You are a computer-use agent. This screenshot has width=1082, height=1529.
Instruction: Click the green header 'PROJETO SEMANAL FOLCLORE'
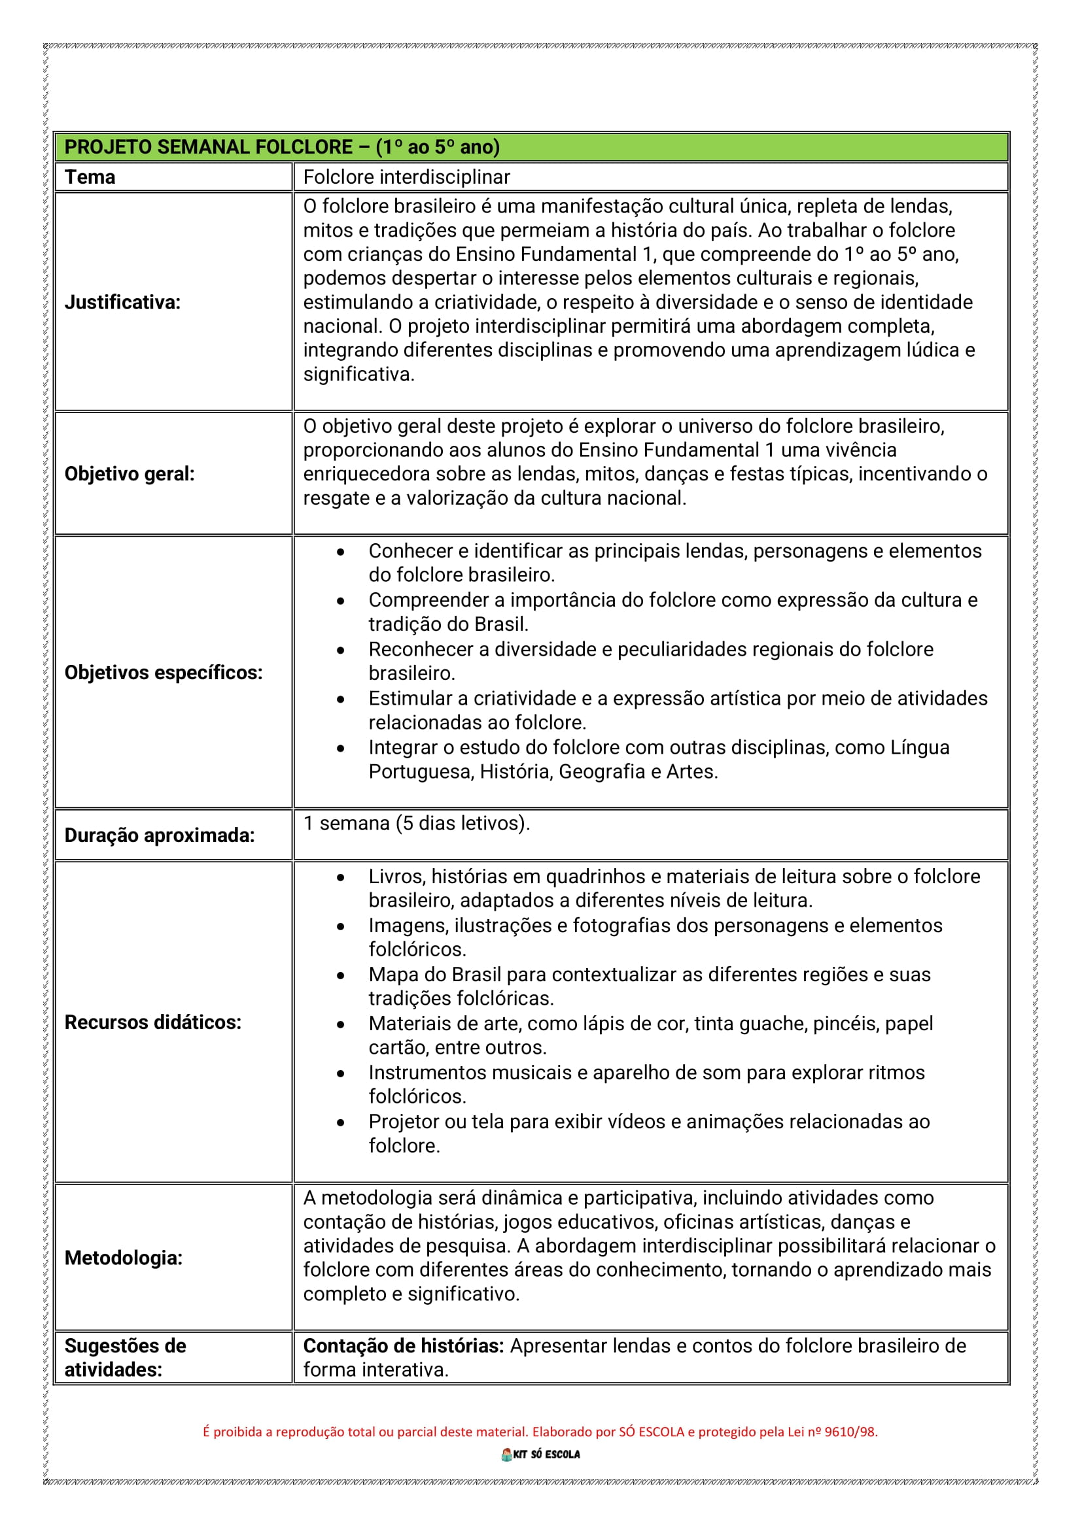click(281, 147)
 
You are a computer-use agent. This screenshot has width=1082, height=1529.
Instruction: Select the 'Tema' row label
click(90, 177)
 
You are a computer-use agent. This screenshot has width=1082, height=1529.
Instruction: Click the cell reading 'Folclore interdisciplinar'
click(406, 177)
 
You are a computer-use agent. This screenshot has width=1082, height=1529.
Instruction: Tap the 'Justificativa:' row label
click(122, 303)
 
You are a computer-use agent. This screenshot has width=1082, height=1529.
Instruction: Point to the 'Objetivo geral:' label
click(130, 473)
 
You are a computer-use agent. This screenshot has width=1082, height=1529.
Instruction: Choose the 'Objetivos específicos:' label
click(164, 673)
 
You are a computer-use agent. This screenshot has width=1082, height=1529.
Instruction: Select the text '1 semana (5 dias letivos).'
click(417, 823)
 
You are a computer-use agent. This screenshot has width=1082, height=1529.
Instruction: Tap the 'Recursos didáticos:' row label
click(152, 1022)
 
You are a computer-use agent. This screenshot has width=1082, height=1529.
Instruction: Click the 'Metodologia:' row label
click(123, 1258)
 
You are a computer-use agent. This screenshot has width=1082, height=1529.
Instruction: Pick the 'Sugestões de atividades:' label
click(125, 1358)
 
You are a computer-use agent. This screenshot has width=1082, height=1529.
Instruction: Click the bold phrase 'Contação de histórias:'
click(403, 1346)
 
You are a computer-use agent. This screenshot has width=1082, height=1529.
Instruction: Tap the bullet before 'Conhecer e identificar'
click(341, 552)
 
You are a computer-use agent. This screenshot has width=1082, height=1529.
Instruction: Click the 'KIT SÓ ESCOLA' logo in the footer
click(540, 1454)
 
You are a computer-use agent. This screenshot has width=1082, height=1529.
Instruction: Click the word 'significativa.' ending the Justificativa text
click(358, 375)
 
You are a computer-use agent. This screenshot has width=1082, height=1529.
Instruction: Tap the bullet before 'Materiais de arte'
click(341, 1025)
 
